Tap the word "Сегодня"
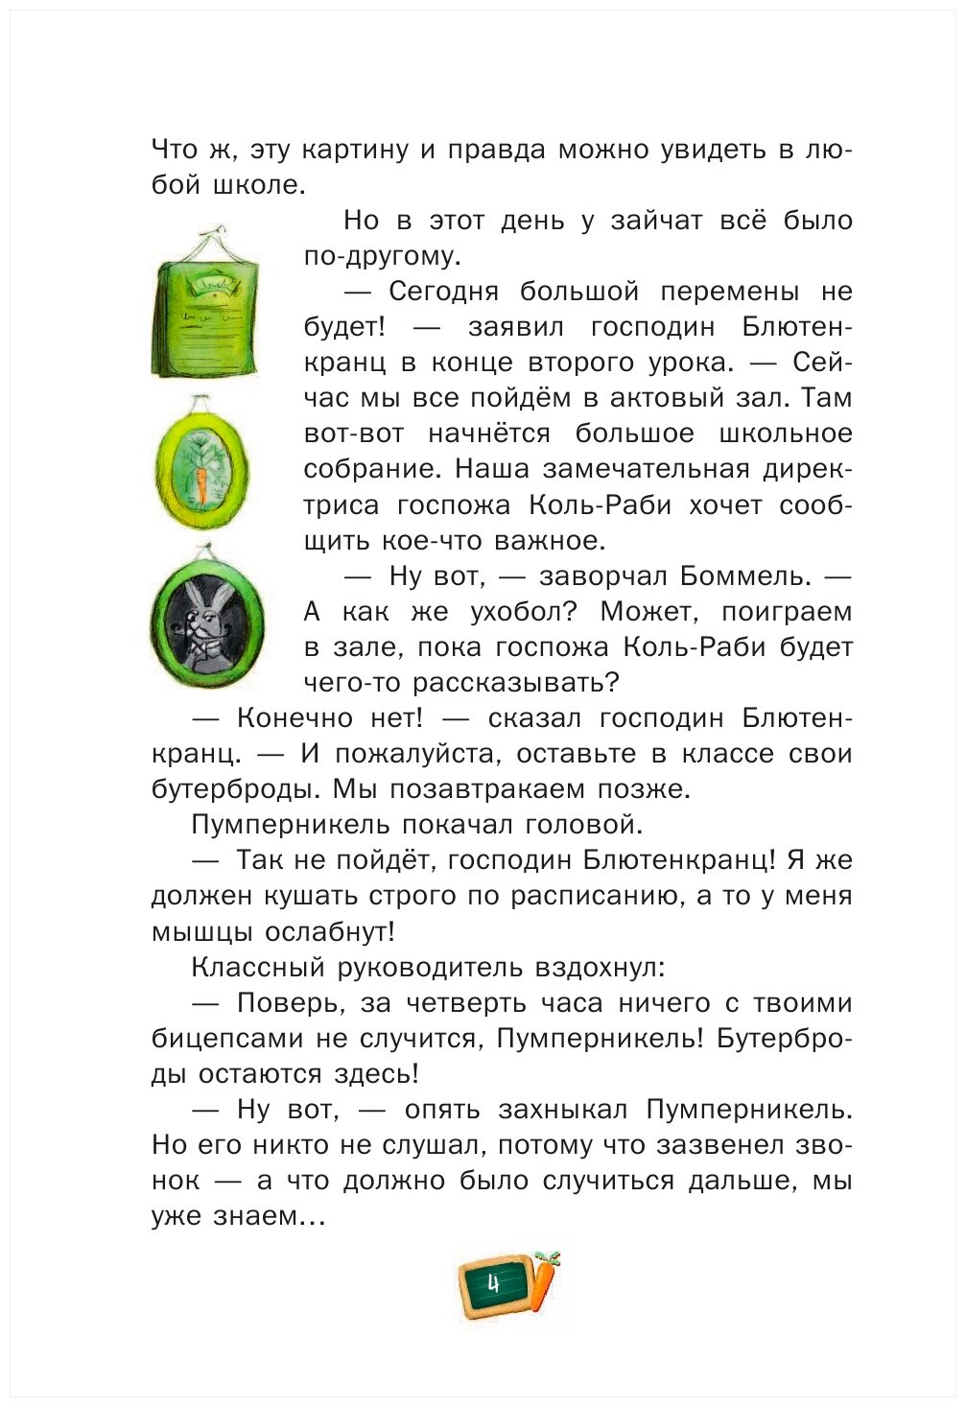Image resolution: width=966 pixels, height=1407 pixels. (x=443, y=292)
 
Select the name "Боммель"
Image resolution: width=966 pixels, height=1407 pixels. (x=742, y=575)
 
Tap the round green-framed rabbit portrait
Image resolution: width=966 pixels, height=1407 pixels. (x=206, y=619)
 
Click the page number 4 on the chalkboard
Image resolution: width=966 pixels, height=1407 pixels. (x=494, y=1283)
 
